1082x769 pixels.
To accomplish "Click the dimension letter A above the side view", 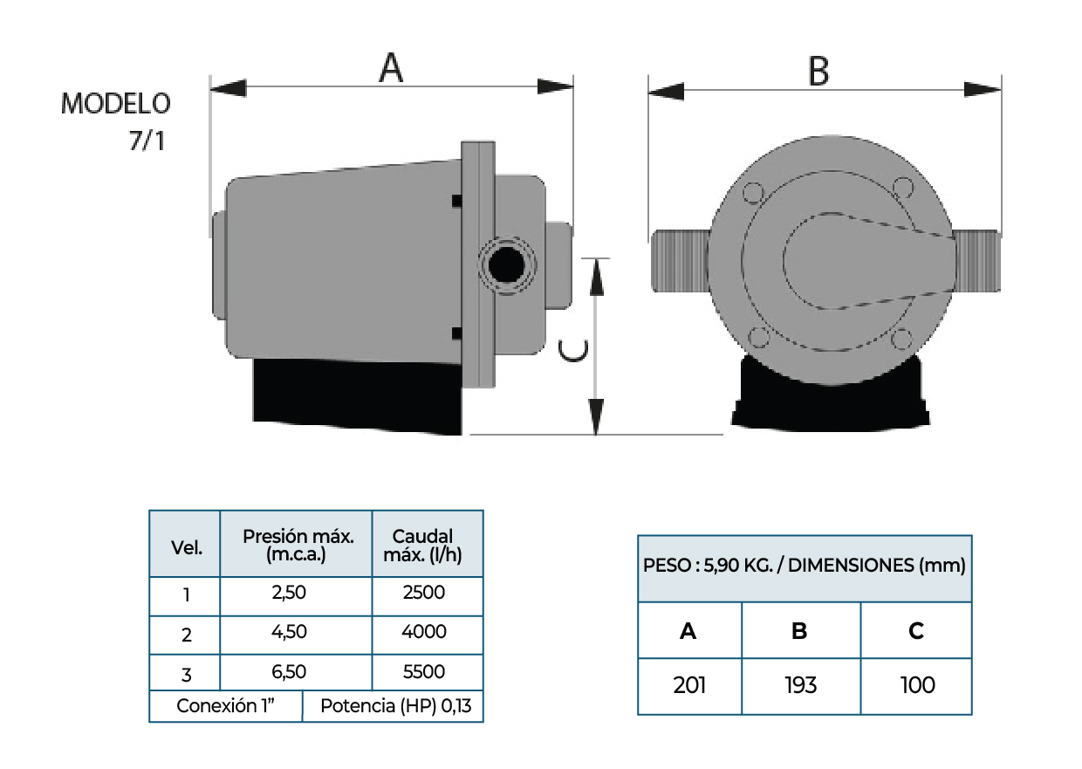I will point(391,67).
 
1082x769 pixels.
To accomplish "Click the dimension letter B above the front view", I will point(818,71).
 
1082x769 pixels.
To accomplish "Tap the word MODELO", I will point(115,104).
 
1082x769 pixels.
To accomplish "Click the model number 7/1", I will point(146,141).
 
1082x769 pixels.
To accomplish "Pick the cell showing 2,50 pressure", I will point(290,594).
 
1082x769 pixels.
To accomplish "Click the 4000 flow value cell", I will point(427,632).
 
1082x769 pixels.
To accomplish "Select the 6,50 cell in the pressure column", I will point(290,672).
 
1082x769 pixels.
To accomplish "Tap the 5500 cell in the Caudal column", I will point(427,672).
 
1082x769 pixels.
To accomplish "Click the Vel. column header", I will point(187,548).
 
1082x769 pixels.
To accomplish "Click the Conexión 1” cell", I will point(226,706).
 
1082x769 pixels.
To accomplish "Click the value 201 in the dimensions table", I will point(689,685).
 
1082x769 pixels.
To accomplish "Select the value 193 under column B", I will point(800,685).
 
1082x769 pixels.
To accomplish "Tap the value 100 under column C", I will point(917,685).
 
